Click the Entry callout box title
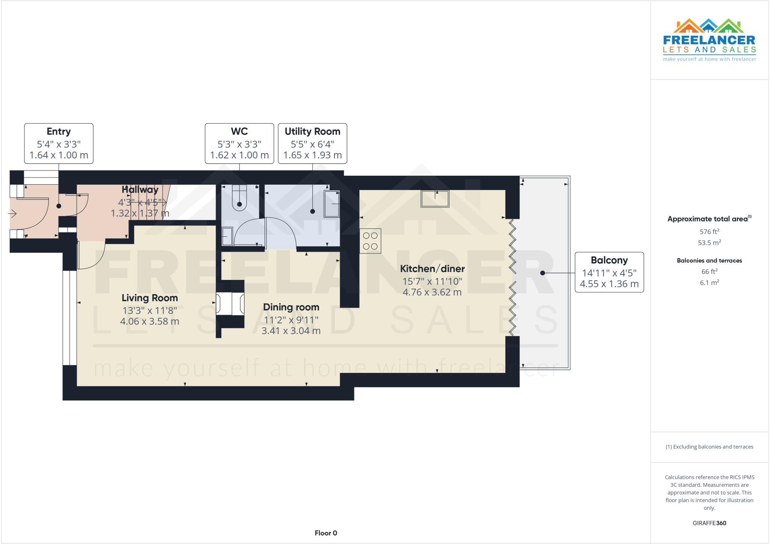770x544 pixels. tap(59, 132)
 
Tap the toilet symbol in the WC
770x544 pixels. tap(239, 198)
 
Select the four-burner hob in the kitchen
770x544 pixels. tap(370, 241)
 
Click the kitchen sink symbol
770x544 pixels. tap(435, 199)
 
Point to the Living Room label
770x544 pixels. tap(150, 298)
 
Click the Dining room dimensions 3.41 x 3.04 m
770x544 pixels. tap(291, 331)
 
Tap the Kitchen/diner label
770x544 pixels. tap(432, 269)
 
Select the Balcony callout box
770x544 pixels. tap(609, 272)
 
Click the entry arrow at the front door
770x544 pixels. tap(12, 214)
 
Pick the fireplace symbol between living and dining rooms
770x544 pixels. tap(230, 304)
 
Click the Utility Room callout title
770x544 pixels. tap(312, 132)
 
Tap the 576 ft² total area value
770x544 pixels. tap(709, 232)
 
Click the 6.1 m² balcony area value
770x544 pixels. tap(709, 283)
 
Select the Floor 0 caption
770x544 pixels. tap(326, 533)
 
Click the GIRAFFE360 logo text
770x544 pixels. tap(709, 523)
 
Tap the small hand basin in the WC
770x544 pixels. tap(227, 237)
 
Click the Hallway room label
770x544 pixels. tap(140, 189)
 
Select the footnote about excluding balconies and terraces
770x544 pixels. tap(709, 447)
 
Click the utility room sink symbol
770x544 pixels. tap(332, 204)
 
